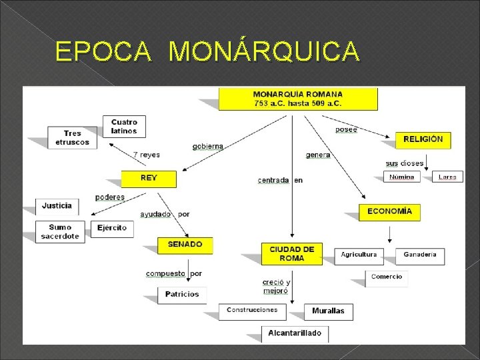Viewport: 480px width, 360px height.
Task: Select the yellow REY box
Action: (x=149, y=179)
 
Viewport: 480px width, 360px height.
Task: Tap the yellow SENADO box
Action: (x=185, y=245)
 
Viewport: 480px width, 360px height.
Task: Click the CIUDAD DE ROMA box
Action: (x=291, y=253)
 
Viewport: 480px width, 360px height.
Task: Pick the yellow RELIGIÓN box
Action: (x=423, y=139)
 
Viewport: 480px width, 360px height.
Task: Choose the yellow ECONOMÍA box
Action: (x=389, y=211)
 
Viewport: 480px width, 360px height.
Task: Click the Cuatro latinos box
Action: (x=124, y=126)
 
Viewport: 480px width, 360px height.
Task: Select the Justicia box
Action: (x=57, y=205)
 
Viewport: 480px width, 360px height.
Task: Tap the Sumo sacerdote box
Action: (x=60, y=231)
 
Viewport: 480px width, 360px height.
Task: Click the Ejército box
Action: (x=111, y=228)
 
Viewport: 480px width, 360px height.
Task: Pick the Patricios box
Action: (x=182, y=294)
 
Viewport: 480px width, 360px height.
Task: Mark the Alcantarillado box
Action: (x=295, y=333)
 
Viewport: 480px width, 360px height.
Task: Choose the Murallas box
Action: (x=328, y=311)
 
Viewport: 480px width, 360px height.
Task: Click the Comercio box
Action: (x=387, y=277)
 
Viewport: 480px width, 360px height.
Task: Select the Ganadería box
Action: (x=420, y=255)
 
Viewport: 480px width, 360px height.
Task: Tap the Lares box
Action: (x=447, y=177)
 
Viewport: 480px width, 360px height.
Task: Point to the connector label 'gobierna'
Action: (x=208, y=146)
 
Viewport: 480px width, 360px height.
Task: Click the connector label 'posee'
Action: (x=346, y=129)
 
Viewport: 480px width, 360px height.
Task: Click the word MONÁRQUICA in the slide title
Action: (x=265, y=51)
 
